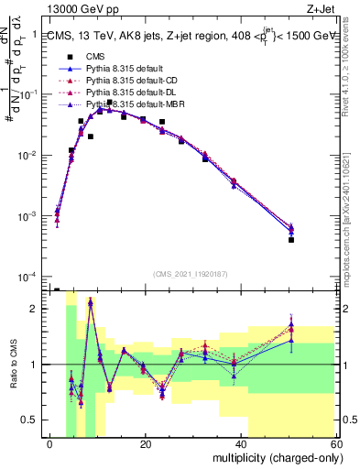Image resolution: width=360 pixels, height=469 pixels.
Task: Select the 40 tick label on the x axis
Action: point(241,444)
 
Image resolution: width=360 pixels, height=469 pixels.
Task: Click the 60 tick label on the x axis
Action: point(335,444)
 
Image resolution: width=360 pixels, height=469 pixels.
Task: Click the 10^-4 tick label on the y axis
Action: point(27,277)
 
